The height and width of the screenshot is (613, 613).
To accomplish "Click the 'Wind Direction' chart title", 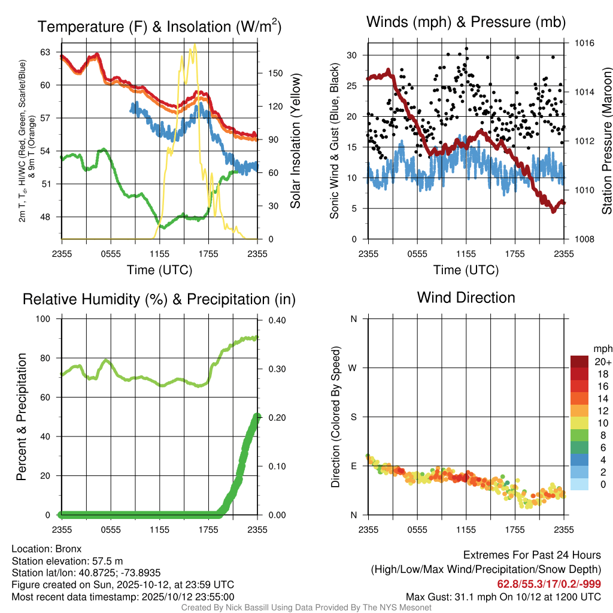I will pos(466,298).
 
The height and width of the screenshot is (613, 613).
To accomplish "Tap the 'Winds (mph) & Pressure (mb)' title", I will pos(466,23).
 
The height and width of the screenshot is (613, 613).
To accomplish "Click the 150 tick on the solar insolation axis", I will pos(275,73).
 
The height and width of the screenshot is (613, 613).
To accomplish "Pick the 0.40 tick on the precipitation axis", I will pos(275,320).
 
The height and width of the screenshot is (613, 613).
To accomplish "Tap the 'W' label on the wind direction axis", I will pos(353,368).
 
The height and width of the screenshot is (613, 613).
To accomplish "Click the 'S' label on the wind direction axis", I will pos(353,417).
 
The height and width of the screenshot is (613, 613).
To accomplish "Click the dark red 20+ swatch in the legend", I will pos(579,362).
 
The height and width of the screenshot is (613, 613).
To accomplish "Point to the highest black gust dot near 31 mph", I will pos(466,48).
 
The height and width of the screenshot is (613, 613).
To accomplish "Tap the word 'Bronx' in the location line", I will pos(68,548).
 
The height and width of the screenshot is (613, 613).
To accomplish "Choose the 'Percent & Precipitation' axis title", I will pos(22,417).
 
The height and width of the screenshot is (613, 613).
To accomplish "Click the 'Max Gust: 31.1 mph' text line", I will pos(503,597).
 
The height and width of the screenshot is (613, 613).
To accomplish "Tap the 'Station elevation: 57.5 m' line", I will pos(67,560).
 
